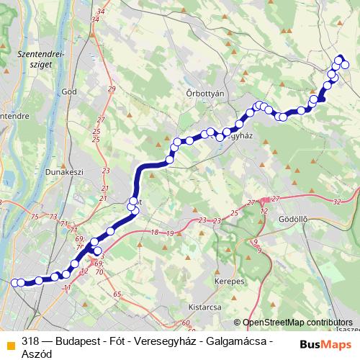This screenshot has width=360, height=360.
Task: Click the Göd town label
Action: click(70, 91)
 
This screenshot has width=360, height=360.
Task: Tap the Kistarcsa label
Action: click(204, 305)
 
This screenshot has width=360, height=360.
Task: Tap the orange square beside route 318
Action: click(10, 345)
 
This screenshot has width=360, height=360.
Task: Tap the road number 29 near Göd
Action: click(111, 89)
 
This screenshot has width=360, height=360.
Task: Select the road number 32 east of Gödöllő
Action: click(337, 202)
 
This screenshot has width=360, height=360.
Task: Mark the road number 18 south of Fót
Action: click(154, 232)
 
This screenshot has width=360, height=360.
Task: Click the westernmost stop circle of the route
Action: click(14, 283)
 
